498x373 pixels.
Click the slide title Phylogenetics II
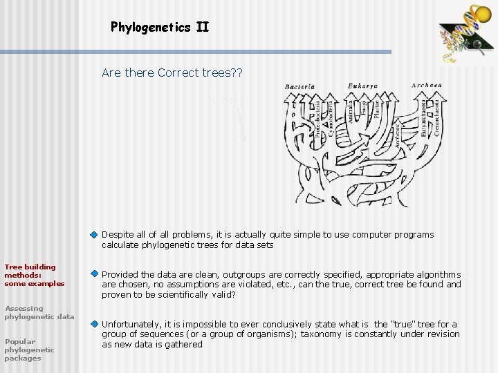pyautogui.click(x=159, y=28)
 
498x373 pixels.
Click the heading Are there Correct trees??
pyautogui.click(x=172, y=72)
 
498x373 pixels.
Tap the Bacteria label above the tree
pyautogui.click(x=299, y=87)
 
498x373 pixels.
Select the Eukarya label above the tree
pyautogui.click(x=363, y=86)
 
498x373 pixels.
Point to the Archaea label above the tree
pyautogui.click(x=426, y=86)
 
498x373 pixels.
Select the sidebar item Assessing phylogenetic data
pyautogui.click(x=39, y=312)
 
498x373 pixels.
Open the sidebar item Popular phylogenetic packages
pyautogui.click(x=29, y=350)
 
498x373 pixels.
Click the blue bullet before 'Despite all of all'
pyautogui.click(x=95, y=235)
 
